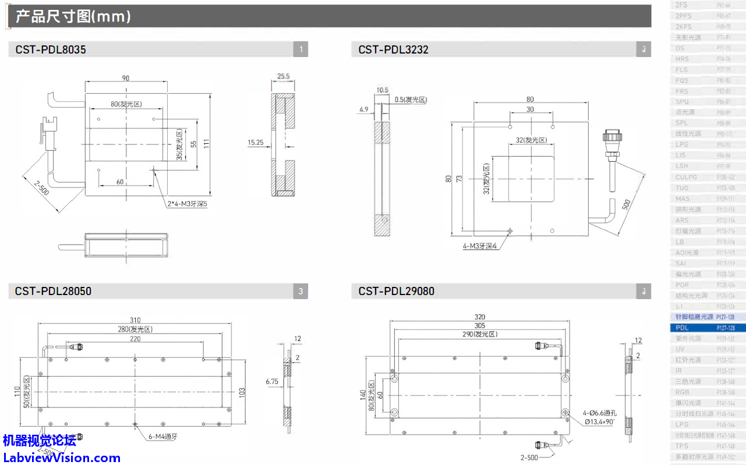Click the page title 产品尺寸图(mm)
(x=73, y=16)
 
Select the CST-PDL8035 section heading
(x=51, y=50)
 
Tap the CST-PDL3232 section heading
(x=393, y=50)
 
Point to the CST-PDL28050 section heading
(x=53, y=291)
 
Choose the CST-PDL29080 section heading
(x=396, y=291)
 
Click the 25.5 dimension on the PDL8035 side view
(x=284, y=76)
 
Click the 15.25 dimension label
(x=256, y=141)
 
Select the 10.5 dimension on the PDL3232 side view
(x=383, y=90)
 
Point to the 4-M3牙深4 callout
(x=480, y=246)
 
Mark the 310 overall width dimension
(x=135, y=320)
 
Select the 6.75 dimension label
(x=272, y=382)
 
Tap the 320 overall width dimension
(x=480, y=317)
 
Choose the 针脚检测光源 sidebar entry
(x=694, y=317)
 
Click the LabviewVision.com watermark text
(x=61, y=458)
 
